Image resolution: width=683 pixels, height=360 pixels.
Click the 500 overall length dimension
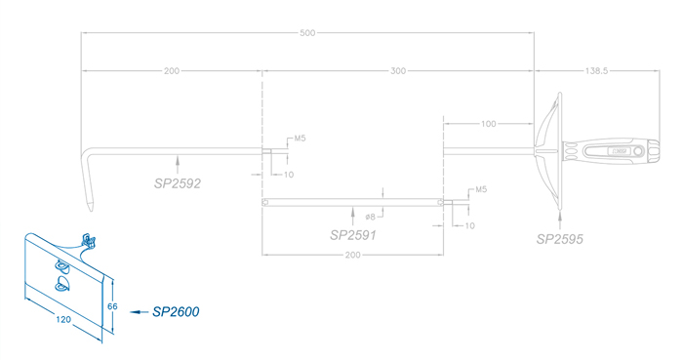307,33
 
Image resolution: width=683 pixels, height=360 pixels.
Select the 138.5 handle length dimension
596,71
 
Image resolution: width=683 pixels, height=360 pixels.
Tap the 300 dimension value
398,71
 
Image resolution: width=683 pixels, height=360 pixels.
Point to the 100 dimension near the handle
488,124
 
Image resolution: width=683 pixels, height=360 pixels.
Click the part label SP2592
178,183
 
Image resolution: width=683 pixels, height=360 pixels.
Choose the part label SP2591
353,235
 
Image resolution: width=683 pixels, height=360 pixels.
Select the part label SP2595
559,239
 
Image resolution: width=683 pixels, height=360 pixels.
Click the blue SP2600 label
176,311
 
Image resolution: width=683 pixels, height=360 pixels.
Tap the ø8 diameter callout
370,217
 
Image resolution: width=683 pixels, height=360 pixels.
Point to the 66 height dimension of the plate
112,306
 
